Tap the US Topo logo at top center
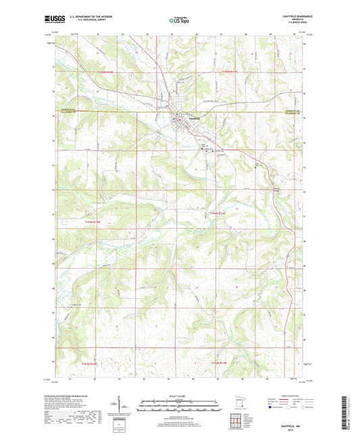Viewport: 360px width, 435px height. point(180,21)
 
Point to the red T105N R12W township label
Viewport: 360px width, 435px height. point(111,71)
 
